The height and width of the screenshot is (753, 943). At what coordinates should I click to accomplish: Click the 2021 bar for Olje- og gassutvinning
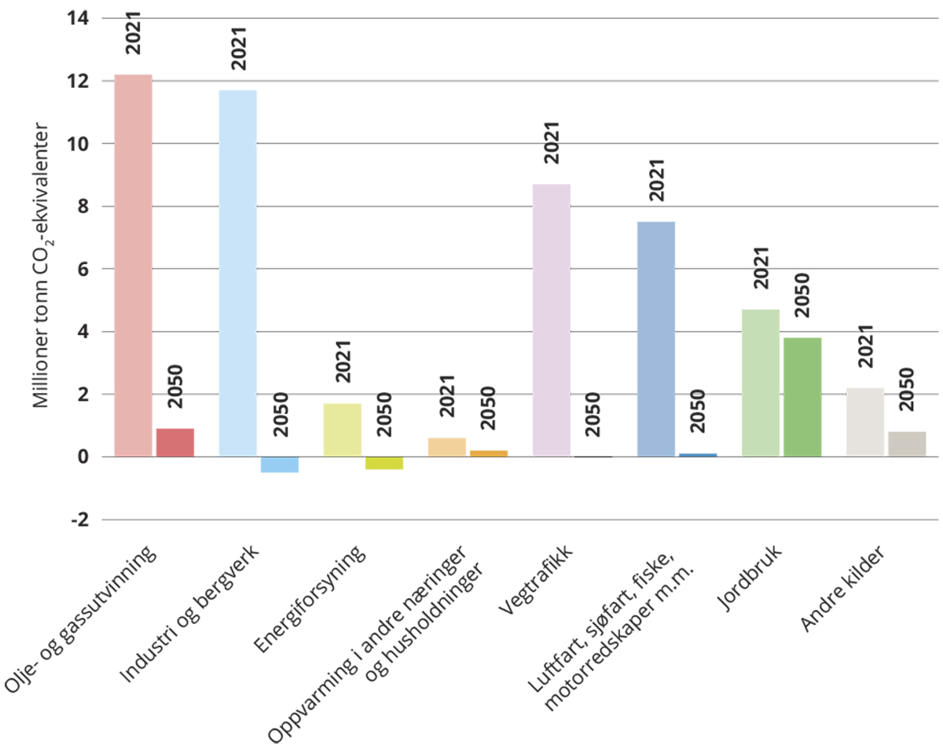133,265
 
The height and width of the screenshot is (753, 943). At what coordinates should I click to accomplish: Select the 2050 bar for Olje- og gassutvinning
175,443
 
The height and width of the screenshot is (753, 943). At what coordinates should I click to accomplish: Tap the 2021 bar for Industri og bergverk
237,273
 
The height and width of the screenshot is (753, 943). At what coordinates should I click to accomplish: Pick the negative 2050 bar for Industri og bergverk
280,465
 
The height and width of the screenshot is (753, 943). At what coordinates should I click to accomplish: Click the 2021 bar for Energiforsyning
342,430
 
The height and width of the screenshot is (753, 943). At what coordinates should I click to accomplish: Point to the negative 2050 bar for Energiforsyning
384,463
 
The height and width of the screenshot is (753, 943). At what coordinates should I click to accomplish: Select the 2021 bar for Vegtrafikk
551,320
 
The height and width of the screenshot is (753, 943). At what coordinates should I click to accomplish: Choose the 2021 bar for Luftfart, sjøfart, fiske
656,339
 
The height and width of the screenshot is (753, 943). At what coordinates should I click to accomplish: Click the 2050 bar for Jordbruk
802,397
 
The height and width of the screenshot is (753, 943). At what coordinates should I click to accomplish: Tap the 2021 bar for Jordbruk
761,383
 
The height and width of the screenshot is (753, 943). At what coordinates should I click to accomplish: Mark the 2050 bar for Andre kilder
907,444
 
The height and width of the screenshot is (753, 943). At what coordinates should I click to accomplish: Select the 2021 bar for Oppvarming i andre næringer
446,447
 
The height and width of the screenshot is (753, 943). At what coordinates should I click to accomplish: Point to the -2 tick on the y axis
79,520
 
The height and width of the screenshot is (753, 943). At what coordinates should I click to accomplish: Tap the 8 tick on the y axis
83,207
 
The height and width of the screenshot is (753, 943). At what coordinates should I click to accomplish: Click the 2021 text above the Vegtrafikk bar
553,142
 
